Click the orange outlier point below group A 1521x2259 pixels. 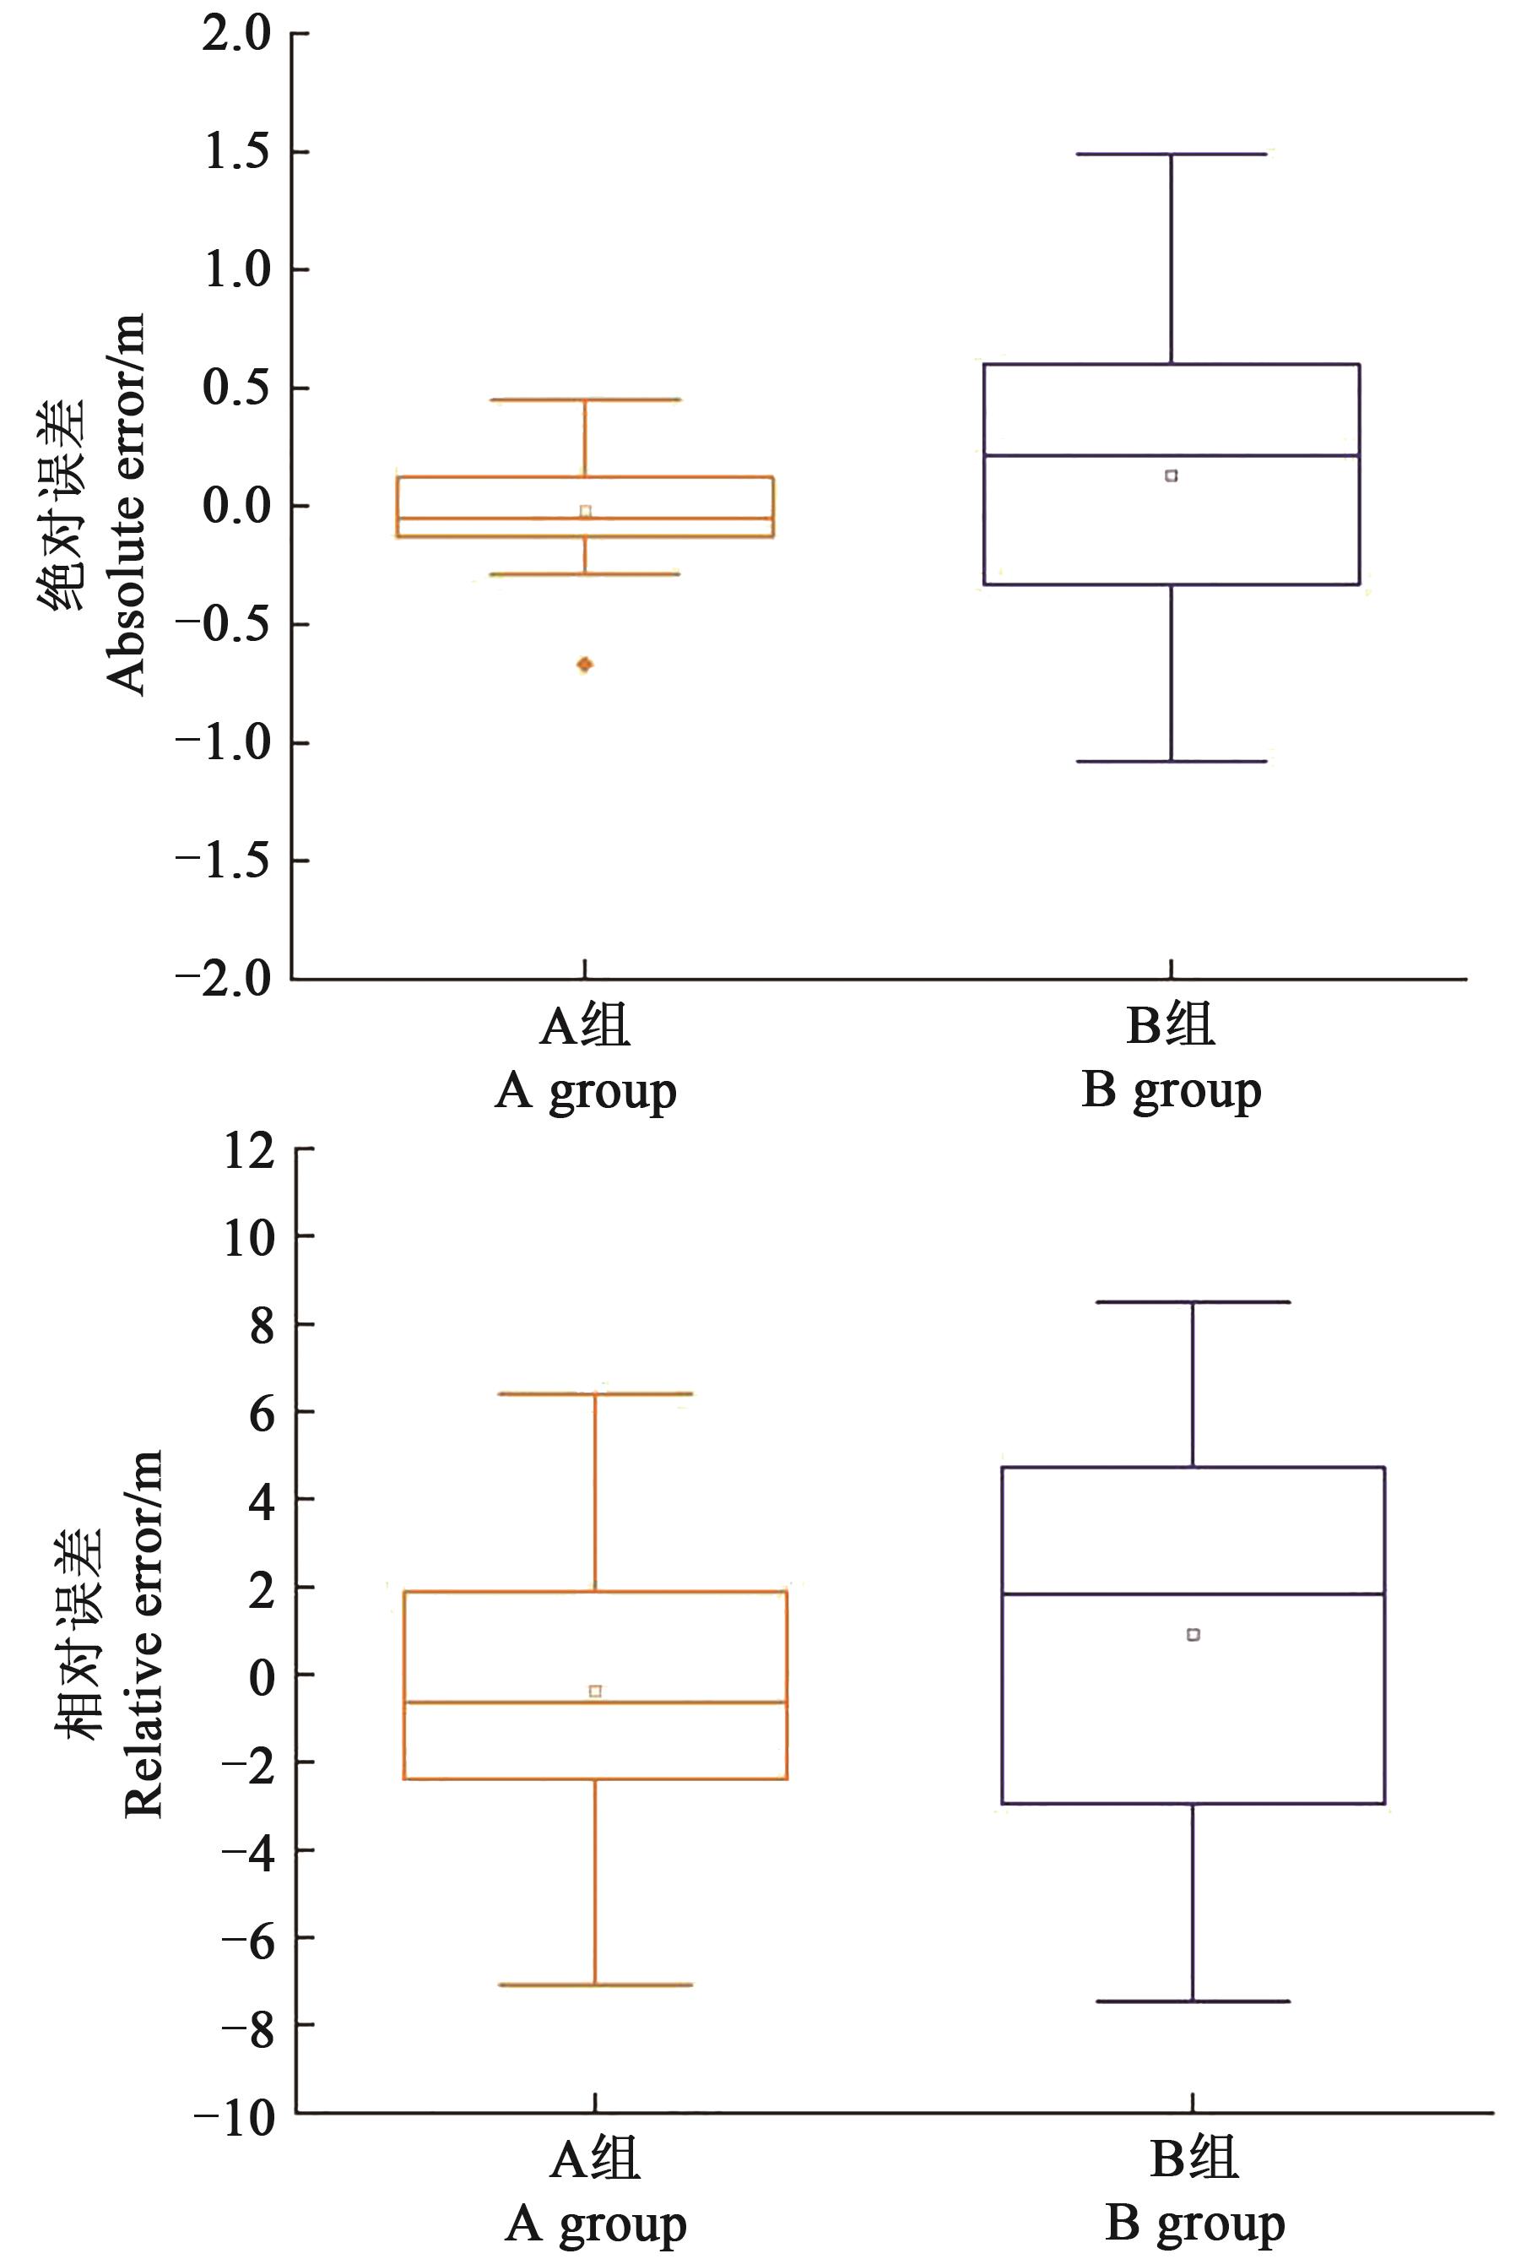click(585, 665)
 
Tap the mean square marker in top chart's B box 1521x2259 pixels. click(1171, 475)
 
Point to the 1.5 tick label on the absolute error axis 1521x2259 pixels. click(236, 152)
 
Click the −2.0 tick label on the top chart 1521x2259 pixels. click(224, 978)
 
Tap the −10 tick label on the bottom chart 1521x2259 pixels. click(235, 2117)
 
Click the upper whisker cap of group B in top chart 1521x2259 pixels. click(1171, 155)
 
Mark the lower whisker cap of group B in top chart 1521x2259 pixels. click(1171, 761)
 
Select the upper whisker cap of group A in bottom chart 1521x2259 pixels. click(594, 1393)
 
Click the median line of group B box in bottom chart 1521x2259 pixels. click(1192, 1594)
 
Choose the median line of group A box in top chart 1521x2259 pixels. click(585, 519)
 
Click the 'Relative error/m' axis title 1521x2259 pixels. click(143, 1634)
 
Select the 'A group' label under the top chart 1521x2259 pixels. click(585, 1092)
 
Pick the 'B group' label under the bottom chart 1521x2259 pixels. click(1194, 2222)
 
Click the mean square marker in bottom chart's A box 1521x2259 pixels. click(596, 1692)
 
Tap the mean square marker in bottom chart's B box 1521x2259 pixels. click(1194, 1635)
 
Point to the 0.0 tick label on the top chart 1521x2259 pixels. click(236, 507)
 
